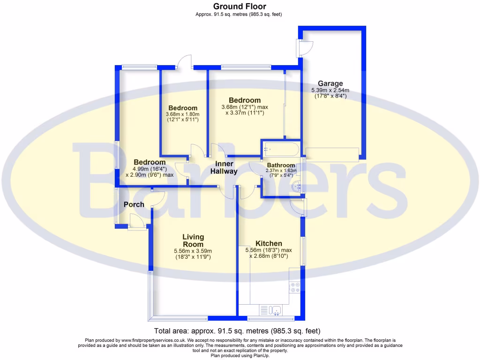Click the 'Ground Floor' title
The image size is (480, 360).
pyautogui.click(x=240, y=7)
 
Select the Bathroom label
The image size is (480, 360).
pyautogui.click(x=281, y=165)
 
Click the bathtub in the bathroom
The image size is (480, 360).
pyautogui.click(x=280, y=150)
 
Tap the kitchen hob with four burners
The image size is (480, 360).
pyautogui.click(x=295, y=287)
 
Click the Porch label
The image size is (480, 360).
pyautogui.click(x=134, y=204)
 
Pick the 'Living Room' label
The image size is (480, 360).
pyautogui.click(x=193, y=240)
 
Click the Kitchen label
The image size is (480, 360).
pyautogui.click(x=269, y=243)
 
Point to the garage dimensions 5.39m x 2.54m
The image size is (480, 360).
pyautogui.click(x=330, y=90)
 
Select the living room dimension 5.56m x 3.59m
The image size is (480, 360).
pyautogui.click(x=193, y=251)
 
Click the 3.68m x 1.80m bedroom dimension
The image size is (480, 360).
pyautogui.click(x=183, y=114)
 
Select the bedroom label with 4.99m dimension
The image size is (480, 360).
pyautogui.click(x=149, y=162)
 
